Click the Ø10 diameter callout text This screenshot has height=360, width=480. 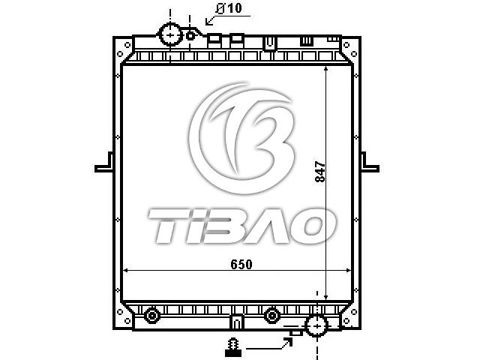click(228, 8)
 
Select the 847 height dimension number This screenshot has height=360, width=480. click(320, 172)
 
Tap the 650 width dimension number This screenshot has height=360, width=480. click(241, 264)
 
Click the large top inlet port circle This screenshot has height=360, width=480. click(170, 34)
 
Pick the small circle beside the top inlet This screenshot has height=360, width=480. click(190, 36)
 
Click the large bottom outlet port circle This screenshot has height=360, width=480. click(317, 325)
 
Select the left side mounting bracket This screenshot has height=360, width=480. click(104, 163)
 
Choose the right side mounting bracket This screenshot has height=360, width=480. click(370, 163)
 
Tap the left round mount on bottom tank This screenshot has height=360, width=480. click(152, 315)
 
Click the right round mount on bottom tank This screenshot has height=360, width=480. click(271, 315)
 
